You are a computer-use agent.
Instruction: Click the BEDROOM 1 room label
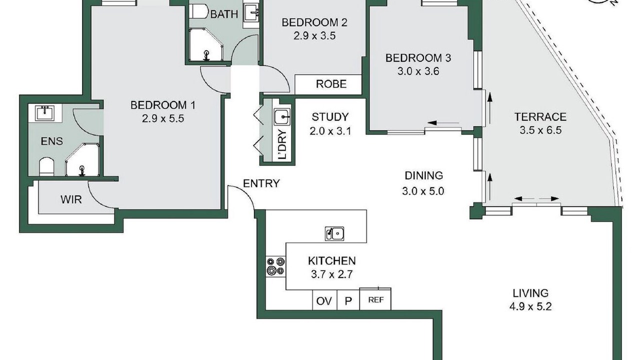pyautogui.click(x=163, y=105)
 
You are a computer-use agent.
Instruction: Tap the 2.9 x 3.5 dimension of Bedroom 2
pyautogui.click(x=314, y=35)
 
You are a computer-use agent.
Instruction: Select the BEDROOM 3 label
pyautogui.click(x=418, y=58)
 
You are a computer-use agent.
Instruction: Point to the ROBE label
pyautogui.click(x=331, y=84)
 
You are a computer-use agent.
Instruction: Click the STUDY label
pyautogui.click(x=330, y=117)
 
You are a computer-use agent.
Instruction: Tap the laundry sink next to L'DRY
pyautogui.click(x=282, y=116)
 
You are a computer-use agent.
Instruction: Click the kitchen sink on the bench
pyautogui.click(x=334, y=233)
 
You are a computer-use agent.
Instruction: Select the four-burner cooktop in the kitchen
pyautogui.click(x=275, y=266)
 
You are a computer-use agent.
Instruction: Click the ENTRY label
pyautogui.click(x=261, y=183)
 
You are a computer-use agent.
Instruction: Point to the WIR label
pyautogui.click(x=71, y=199)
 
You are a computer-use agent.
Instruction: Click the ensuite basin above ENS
pyautogui.click(x=45, y=113)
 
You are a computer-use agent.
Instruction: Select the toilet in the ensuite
pyautogui.click(x=46, y=166)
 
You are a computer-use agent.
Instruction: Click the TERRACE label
pyautogui.click(x=540, y=117)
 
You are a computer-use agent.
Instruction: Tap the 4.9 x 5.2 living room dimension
pyautogui.click(x=530, y=306)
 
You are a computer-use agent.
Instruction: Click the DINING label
pyautogui.click(x=423, y=175)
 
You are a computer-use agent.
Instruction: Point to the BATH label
pyautogui.click(x=224, y=14)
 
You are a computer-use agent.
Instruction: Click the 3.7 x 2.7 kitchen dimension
pyautogui.click(x=331, y=274)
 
